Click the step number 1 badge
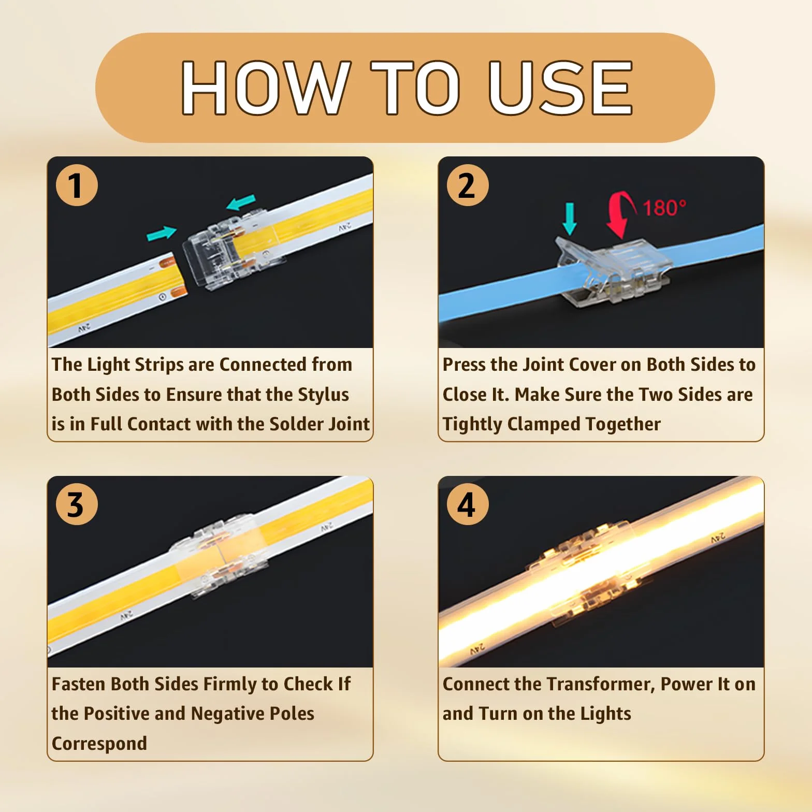point(77,185)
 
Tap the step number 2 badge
point(468,185)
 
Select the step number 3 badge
point(77,504)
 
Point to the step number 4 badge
point(468,504)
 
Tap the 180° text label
point(664,208)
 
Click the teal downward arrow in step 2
point(570,219)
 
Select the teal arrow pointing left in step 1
point(241,202)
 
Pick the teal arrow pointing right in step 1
point(162,234)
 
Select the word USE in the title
point(560,88)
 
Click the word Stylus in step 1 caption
point(323,395)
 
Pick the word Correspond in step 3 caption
point(99,744)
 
